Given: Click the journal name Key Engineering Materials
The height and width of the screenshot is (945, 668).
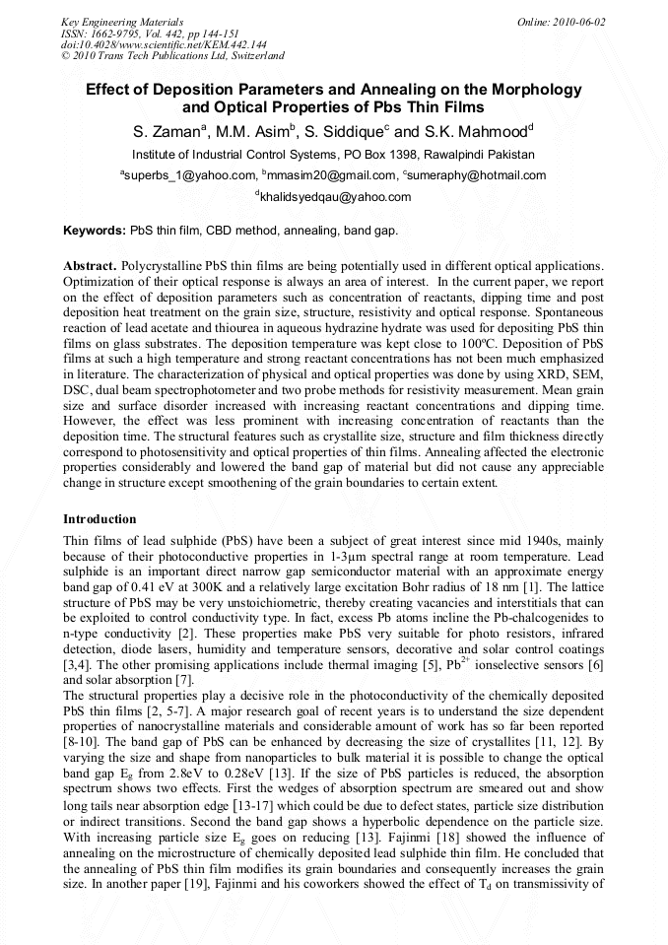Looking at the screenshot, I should tap(121, 21).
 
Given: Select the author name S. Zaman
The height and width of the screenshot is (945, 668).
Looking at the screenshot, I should tap(170, 131).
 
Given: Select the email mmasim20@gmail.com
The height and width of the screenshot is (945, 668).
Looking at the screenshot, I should tap(327, 175).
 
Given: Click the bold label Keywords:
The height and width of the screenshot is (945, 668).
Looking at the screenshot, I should tap(95, 231).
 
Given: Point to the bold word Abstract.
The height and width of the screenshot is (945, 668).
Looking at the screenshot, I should tap(90, 267).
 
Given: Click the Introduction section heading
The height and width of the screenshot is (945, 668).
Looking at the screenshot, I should tap(100, 518).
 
